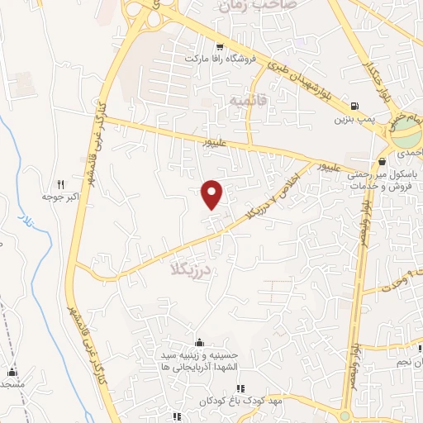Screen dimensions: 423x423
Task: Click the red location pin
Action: click(213, 193)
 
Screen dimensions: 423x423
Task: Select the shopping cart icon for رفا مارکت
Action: click(218, 46)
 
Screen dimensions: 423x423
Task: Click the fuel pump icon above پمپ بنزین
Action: click(354, 106)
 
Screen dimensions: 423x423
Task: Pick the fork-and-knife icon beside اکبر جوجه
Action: click(59, 185)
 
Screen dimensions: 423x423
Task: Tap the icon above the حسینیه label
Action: click(198, 343)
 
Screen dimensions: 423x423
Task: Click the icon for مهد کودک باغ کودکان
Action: click(240, 388)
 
